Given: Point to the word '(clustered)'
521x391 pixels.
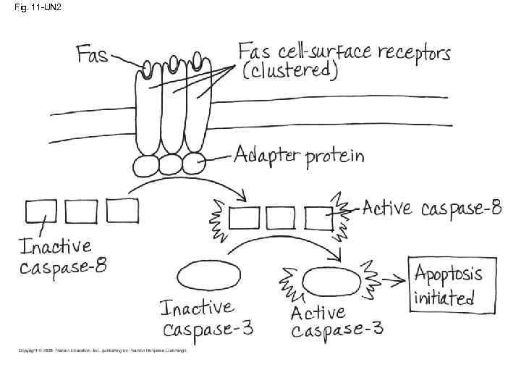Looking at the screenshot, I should (289, 71).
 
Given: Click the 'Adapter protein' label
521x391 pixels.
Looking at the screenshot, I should (298, 156).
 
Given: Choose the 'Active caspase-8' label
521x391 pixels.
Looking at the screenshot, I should (431, 209).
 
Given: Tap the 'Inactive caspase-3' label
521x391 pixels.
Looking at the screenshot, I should (207, 319).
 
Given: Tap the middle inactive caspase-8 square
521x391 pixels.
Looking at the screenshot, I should (82, 211).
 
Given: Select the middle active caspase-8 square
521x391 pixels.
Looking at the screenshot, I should (280, 217).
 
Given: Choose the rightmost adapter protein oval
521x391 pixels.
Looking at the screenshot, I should (195, 162).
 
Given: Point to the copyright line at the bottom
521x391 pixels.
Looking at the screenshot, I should (101, 350).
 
